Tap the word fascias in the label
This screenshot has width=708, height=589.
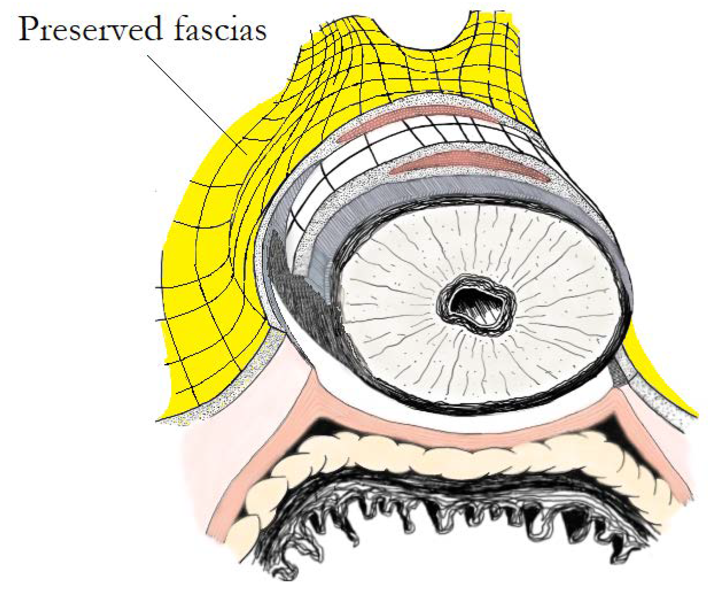tap(221, 30)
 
